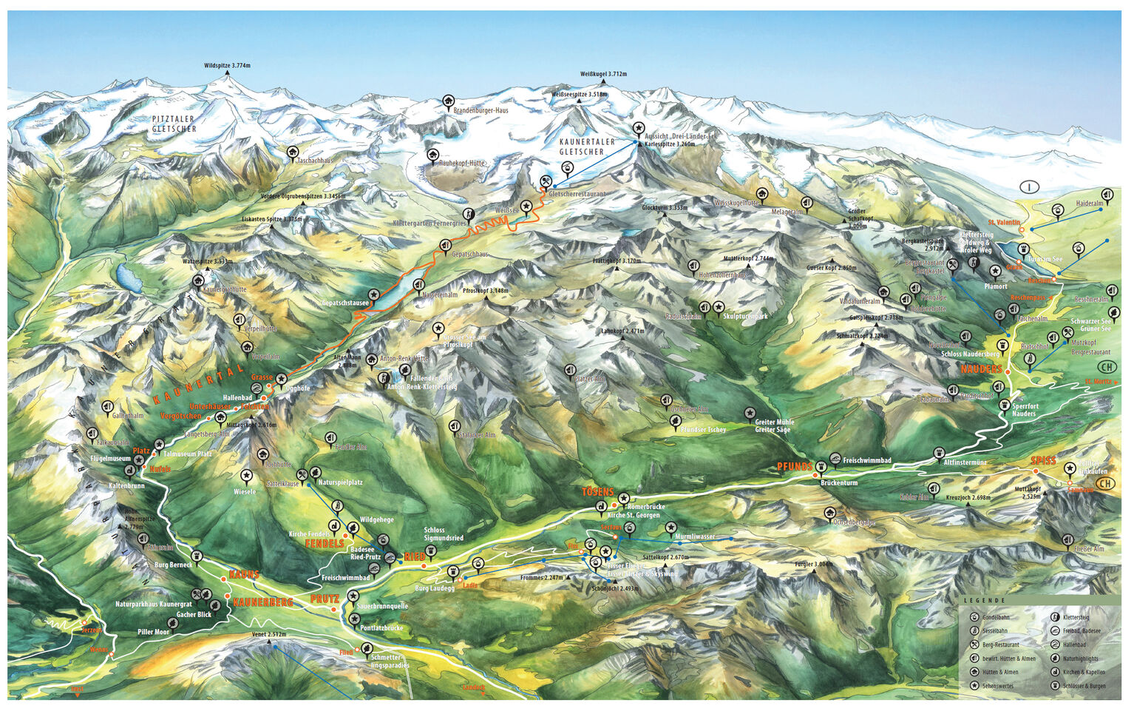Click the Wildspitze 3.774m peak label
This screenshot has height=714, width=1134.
(227, 66)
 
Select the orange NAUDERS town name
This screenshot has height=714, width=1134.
(981, 369)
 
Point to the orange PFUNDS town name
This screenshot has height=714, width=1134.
(795, 466)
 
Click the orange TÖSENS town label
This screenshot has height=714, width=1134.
(597, 492)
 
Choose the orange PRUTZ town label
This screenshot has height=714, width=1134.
(325, 598)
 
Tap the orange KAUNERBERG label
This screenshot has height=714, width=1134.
(262, 602)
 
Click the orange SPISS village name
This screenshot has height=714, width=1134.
(1043, 461)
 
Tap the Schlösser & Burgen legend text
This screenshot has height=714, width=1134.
(1084, 686)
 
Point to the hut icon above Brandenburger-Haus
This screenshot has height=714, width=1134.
(448, 101)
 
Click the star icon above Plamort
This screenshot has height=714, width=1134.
(995, 272)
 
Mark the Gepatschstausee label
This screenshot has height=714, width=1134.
(345, 303)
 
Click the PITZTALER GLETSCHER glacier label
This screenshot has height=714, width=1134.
(174, 124)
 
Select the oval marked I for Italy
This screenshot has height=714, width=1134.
(1030, 186)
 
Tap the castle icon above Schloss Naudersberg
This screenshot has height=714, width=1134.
(1003, 345)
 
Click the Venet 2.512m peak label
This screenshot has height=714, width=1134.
(268, 635)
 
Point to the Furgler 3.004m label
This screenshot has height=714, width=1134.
(814, 565)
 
